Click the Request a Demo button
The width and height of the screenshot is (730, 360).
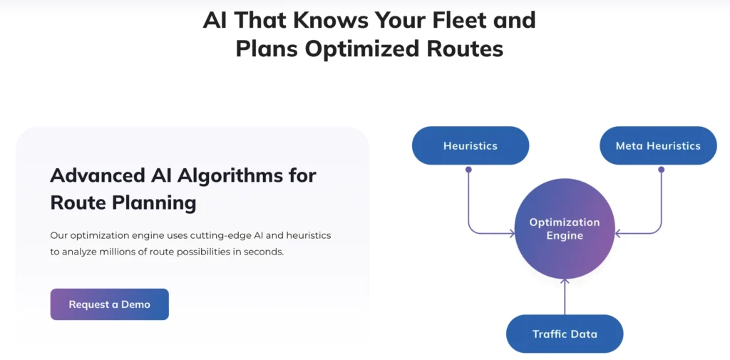tap(109, 304)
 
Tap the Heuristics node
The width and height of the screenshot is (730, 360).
tap(471, 145)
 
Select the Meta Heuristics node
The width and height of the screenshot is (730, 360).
tap(658, 145)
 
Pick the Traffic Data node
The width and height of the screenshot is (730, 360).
tap(565, 334)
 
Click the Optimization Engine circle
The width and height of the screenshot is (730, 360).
tap(565, 229)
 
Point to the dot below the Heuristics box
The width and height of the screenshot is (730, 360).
tap(468, 170)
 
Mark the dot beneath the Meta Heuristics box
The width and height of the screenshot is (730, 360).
tap(661, 170)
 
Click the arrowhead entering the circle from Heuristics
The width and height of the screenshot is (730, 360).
tap(512, 233)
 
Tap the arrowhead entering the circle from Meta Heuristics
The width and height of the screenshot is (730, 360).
tap(618, 233)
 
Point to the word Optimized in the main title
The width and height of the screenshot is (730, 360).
tap(365, 48)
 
